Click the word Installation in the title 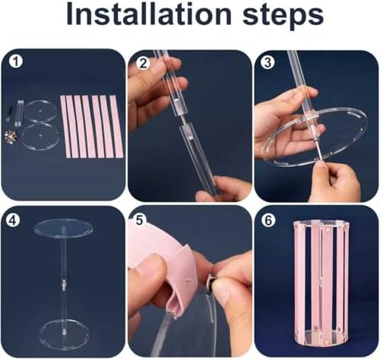point(149,14)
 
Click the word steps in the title point(283,17)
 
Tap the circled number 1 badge point(16,62)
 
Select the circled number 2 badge point(143,64)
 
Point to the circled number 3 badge point(268,62)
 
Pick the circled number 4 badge point(13,220)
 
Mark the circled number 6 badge point(268,221)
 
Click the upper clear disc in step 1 point(40,112)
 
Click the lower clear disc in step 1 point(40,136)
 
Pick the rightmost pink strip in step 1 point(116,126)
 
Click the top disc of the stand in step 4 point(63,229)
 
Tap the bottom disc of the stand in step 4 point(65,333)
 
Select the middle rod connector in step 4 point(64,284)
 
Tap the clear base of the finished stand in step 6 point(321,337)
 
